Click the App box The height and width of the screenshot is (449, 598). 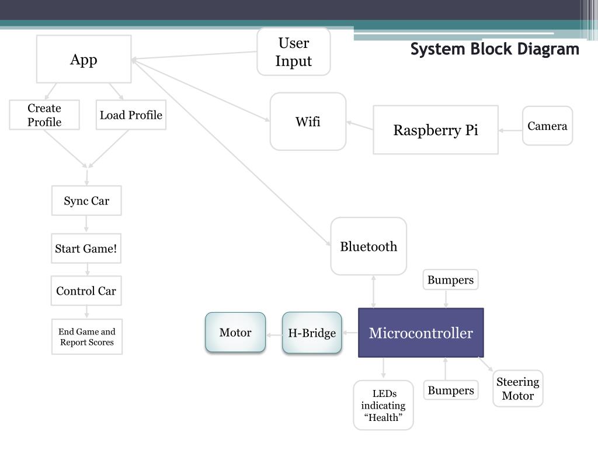tap(84, 59)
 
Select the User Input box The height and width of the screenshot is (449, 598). tap(294, 51)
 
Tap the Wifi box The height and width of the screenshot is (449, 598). tap(308, 122)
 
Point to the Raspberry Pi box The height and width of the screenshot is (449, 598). tap(436, 130)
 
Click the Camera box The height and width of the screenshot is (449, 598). tap(547, 126)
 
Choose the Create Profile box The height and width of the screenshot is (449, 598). tap(44, 115)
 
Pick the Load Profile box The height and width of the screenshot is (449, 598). tap(131, 115)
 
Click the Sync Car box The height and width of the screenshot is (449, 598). tap(86, 201)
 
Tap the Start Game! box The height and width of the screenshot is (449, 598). tap(86, 248)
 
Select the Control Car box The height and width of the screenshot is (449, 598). tap(86, 291)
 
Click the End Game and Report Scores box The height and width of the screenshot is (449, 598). tap(87, 337)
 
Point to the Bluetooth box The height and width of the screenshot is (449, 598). tap(368, 246)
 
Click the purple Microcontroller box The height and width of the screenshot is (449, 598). tap(421, 333)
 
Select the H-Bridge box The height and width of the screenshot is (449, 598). tap(312, 333)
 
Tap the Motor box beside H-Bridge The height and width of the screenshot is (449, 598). tap(235, 332)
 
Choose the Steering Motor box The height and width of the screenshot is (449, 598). tap(518, 388)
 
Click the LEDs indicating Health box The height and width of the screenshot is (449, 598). tap(383, 405)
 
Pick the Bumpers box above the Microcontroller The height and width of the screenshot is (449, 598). tap(450, 279)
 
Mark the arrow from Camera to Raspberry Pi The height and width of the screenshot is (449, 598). tap(510, 130)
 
